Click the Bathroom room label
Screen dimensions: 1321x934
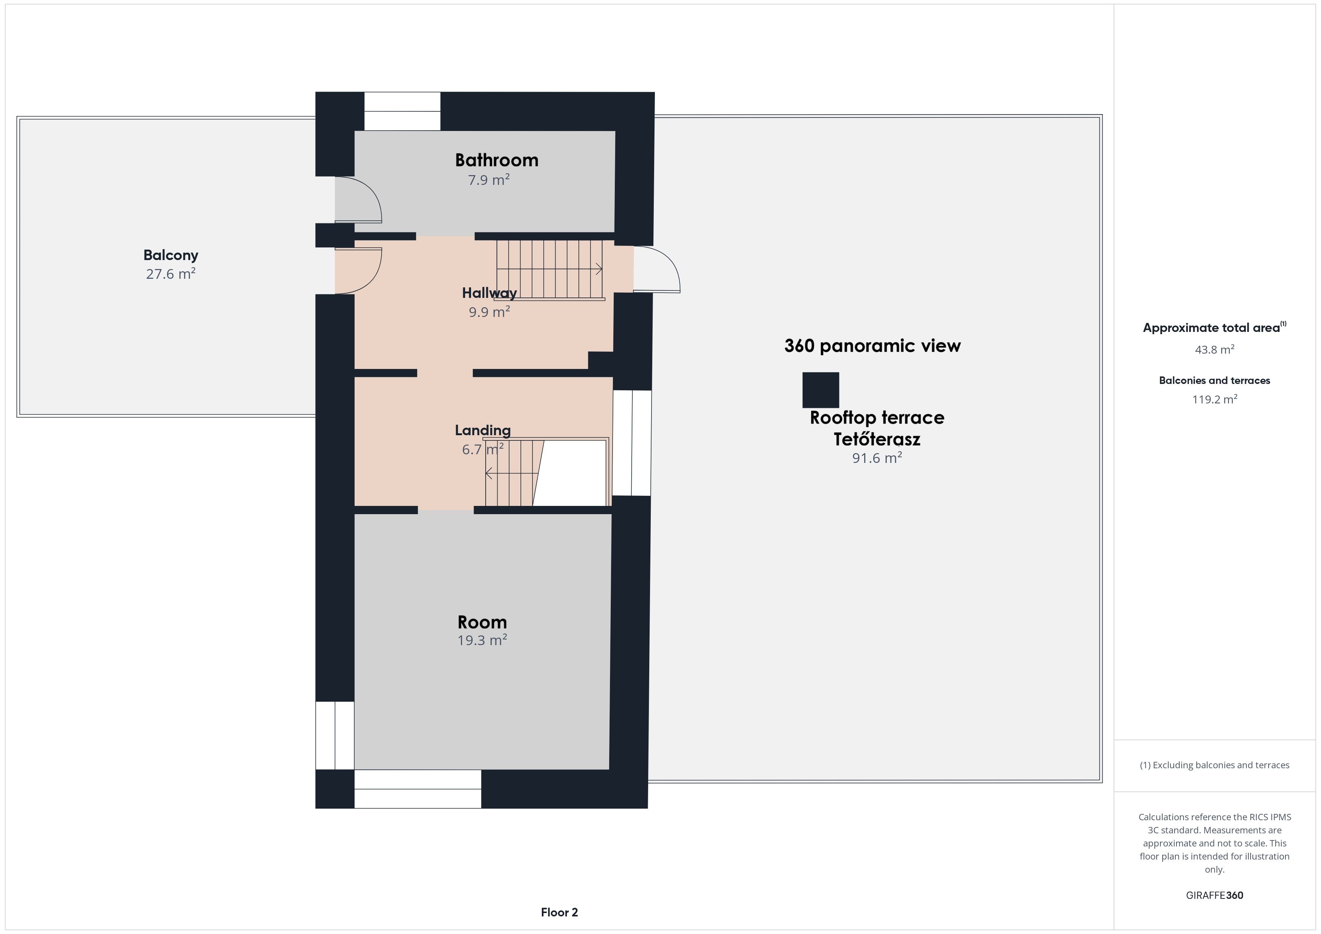(496, 160)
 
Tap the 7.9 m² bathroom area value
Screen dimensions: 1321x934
(489, 180)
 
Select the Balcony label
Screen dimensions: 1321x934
(171, 255)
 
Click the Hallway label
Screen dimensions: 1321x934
(489, 293)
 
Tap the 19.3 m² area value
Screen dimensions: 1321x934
(482, 640)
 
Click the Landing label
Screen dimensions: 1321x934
(483, 430)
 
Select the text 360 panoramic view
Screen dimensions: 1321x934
(872, 346)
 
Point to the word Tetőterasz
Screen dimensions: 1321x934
(877, 439)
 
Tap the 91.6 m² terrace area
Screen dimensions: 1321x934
(877, 458)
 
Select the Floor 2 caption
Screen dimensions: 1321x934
(559, 912)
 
